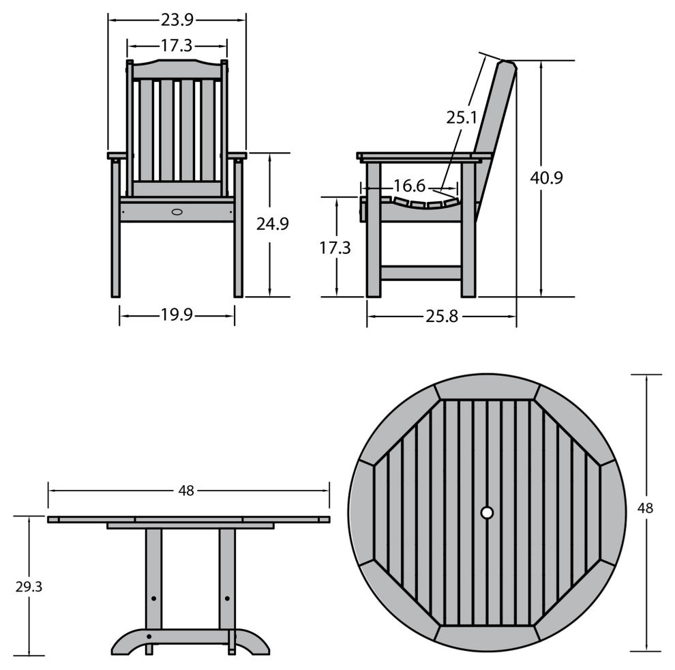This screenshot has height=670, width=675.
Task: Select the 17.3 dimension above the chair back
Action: tap(177, 46)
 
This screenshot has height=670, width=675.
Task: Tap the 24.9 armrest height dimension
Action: tap(272, 223)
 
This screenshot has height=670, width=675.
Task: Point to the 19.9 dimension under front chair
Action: tap(177, 315)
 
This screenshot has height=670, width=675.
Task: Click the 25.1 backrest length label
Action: tap(462, 117)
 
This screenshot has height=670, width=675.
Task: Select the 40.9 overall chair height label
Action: tap(546, 178)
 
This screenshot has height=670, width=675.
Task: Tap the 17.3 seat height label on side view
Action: tap(335, 248)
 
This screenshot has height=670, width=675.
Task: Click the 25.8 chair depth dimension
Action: tap(442, 317)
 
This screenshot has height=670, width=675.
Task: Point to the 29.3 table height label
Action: tap(28, 586)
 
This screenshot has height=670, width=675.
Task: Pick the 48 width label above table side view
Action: tap(186, 490)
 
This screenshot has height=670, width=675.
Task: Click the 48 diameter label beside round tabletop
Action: tap(646, 508)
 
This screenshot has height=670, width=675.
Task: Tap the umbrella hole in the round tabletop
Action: tap(487, 512)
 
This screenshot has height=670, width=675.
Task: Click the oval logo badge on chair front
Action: tap(177, 212)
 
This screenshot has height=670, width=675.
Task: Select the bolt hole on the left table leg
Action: tap(153, 598)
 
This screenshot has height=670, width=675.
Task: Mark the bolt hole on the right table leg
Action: tap(227, 598)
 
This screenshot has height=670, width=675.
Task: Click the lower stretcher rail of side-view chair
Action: tap(421, 273)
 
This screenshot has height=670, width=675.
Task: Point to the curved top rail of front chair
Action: tap(177, 69)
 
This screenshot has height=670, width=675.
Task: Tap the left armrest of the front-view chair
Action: tap(117, 156)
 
